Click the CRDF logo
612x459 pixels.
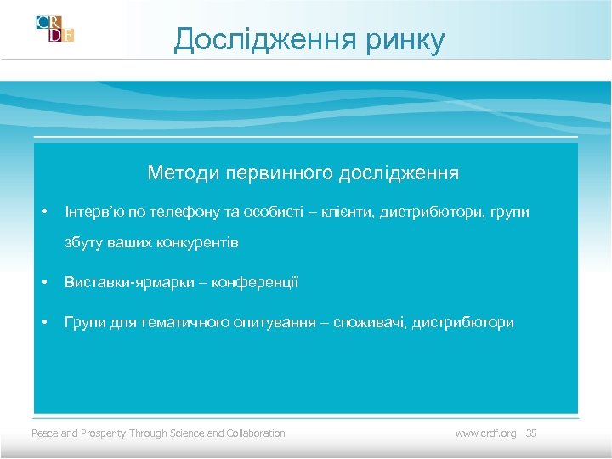(54, 28)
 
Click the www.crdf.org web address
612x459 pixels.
(485, 433)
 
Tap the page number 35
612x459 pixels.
(531, 433)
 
